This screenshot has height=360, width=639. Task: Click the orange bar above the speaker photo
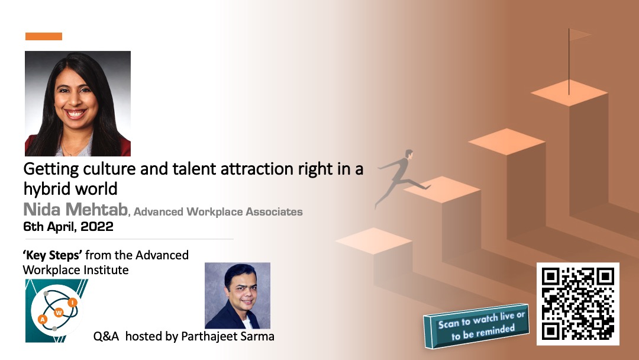44,36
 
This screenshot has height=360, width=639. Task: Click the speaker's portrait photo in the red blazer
78,104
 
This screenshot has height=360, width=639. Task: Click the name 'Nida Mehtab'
75,210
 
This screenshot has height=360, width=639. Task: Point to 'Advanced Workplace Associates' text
218,212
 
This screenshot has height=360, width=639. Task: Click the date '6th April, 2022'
68,227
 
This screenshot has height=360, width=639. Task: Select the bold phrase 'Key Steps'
53,255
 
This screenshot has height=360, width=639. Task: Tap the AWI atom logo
57,311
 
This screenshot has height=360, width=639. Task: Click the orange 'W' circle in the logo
59,313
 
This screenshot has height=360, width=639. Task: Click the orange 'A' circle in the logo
43,319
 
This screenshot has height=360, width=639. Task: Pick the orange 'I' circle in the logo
73,302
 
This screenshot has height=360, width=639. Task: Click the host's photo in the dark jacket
238,295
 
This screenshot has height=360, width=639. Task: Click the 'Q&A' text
106,336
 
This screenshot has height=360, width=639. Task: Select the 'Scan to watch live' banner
476,326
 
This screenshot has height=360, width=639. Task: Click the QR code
578,304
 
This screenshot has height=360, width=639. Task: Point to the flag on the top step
579,35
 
